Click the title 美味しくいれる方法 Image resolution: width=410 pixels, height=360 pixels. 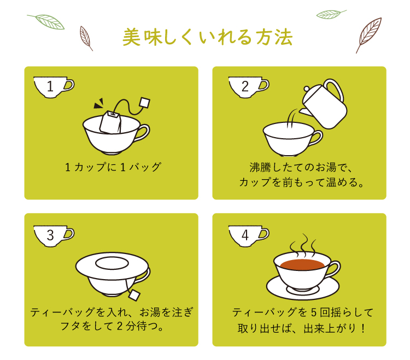click(207, 37)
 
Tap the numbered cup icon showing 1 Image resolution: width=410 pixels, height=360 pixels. click(54, 87)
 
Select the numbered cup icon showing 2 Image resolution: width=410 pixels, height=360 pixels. click(249, 87)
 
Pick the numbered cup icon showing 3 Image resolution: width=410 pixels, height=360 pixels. click(54, 236)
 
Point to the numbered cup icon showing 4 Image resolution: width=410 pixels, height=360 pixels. click(249, 236)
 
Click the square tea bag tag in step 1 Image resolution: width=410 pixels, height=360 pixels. click(145, 102)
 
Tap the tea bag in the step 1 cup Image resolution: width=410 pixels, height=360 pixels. click(110, 122)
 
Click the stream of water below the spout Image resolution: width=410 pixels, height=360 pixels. click(291, 119)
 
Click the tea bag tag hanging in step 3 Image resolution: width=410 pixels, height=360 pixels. click(134, 295)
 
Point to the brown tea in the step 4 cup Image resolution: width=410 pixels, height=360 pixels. click(302, 264)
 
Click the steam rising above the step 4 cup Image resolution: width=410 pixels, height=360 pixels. click(303, 245)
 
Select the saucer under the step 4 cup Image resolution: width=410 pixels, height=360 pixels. click(303, 287)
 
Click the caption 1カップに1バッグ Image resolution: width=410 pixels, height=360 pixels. click(113, 168)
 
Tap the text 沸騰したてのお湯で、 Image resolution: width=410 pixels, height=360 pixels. click(301, 168)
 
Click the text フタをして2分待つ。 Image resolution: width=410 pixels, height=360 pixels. click(112, 326)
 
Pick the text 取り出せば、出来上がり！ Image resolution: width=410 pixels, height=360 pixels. click(301, 328)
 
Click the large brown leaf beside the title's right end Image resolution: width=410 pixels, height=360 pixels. click(368, 35)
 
